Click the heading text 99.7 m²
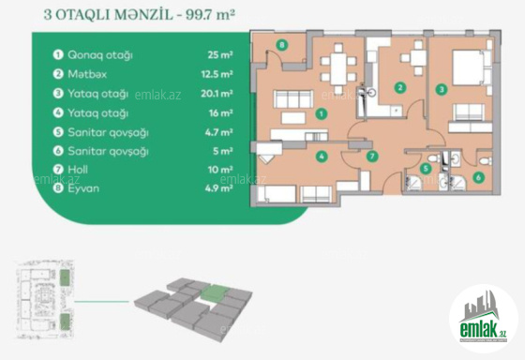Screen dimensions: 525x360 tap(211, 15)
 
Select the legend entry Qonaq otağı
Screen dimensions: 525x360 tap(100, 54)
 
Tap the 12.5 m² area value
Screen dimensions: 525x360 tap(217, 74)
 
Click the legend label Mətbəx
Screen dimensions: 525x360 tap(87, 74)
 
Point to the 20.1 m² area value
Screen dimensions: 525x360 tap(217, 93)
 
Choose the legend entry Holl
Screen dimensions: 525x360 tap(78, 170)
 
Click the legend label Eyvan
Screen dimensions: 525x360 tap(83, 188)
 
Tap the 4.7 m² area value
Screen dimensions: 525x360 tap(219, 132)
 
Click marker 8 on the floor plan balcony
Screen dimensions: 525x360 tap(282, 45)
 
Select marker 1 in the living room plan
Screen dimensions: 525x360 tap(322, 113)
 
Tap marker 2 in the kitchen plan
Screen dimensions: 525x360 tap(399, 88)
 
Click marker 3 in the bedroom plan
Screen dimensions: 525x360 tap(442, 89)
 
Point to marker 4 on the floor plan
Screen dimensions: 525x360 tap(322, 156)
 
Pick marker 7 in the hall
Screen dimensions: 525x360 tap(372, 156)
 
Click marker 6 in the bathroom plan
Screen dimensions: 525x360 tap(478, 177)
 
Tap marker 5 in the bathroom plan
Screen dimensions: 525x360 tap(426, 169)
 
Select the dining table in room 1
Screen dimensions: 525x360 tap(338, 69)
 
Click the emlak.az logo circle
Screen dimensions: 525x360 tap(483, 318)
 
